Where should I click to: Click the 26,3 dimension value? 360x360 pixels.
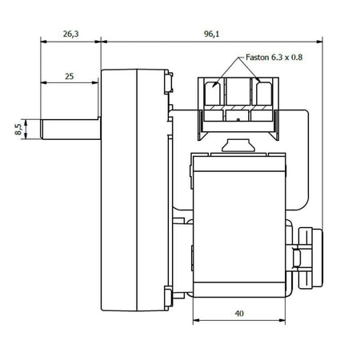tap(70, 34)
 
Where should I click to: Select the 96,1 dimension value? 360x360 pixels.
tap(211, 34)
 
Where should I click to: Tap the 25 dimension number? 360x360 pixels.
tap(69, 76)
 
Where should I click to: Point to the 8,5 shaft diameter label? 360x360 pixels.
tap(18, 129)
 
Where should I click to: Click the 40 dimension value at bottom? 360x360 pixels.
tap(239, 313)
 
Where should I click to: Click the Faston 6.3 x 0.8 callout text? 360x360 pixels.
tap(274, 58)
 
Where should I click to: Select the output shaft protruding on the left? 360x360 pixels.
tap(70, 130)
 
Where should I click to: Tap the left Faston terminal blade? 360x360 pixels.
tap(212, 94)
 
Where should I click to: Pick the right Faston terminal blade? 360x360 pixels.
tap(264, 94)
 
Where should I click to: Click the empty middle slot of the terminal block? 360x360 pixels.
tap(238, 91)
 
